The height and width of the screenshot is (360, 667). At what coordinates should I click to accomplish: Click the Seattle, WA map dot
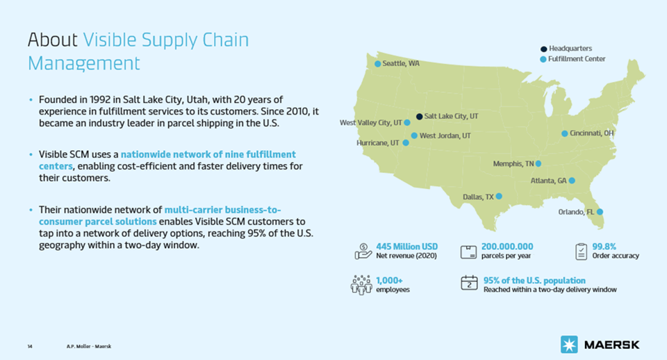(377, 64)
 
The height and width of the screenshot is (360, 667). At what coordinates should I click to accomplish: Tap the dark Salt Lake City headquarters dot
(419, 116)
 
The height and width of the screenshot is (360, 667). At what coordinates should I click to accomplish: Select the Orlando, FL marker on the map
(600, 211)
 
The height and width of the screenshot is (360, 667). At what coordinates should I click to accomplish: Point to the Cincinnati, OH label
(592, 133)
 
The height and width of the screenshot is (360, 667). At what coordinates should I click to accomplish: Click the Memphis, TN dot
(538, 163)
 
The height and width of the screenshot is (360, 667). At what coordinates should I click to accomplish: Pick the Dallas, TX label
(478, 197)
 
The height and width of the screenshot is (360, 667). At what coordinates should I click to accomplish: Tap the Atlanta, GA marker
(572, 181)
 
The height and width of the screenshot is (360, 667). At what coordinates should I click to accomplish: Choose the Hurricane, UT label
(378, 143)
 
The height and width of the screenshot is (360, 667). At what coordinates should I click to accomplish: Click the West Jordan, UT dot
(414, 136)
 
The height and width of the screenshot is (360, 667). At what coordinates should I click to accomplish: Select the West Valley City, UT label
(370, 122)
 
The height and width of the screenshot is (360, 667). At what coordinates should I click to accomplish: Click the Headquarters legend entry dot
(543, 49)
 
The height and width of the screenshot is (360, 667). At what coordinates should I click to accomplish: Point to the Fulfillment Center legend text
(577, 58)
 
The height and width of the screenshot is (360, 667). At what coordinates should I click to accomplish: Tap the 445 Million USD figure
(406, 247)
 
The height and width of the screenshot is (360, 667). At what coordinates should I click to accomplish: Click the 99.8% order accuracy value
(604, 247)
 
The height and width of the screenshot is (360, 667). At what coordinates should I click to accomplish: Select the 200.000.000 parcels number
(507, 247)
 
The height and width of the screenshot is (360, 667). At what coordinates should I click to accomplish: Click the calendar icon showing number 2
(469, 283)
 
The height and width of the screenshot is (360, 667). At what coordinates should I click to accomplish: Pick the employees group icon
(361, 285)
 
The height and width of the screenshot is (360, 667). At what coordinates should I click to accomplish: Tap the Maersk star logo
(569, 344)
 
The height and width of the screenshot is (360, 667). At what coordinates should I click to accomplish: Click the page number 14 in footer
(30, 346)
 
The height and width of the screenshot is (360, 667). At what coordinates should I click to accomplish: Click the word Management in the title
(84, 63)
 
